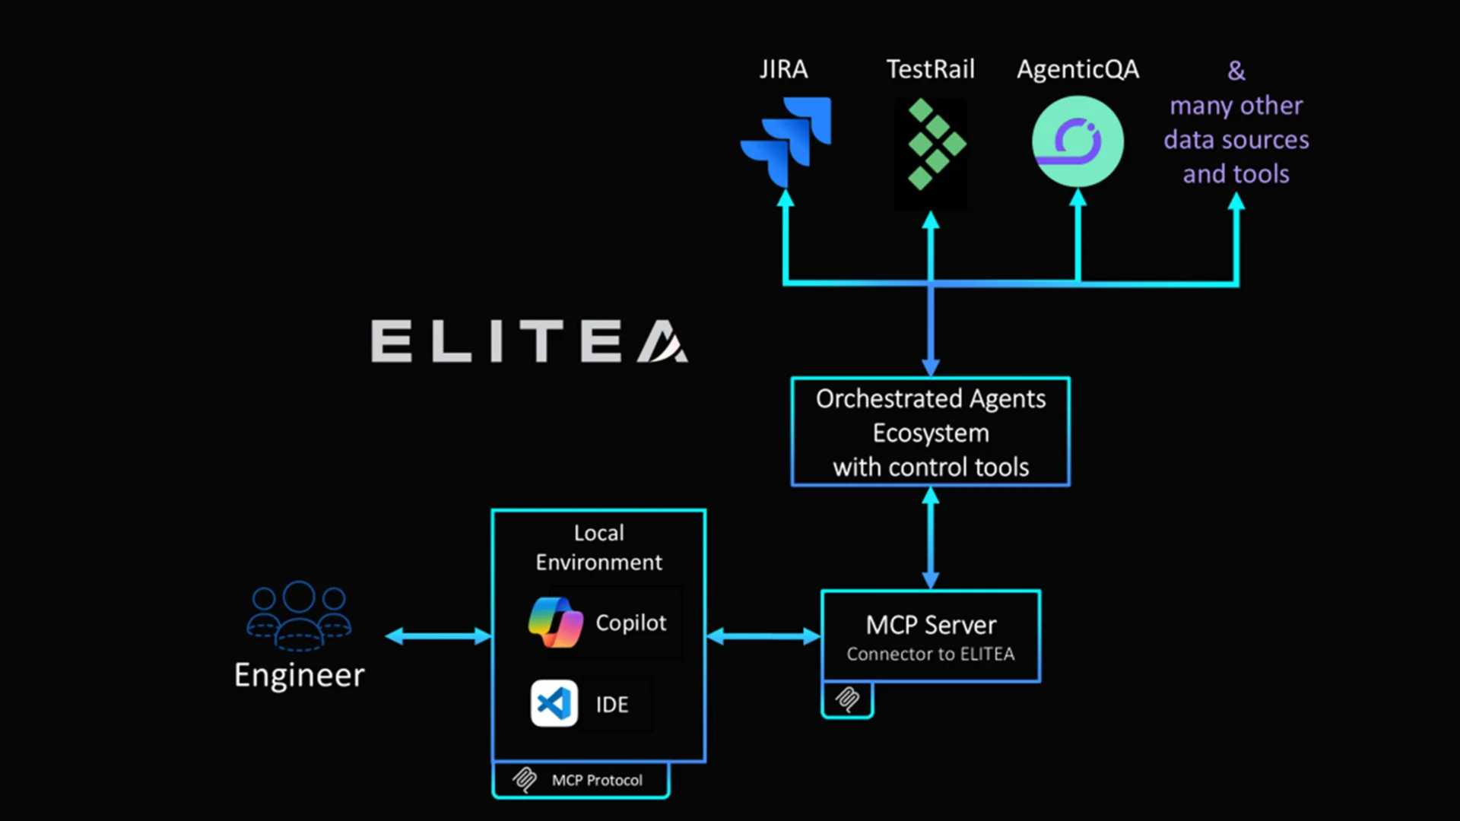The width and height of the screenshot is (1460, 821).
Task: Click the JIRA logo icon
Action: point(786,141)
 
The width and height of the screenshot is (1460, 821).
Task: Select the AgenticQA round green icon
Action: point(1078,141)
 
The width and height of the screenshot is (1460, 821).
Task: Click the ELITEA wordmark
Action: point(529,341)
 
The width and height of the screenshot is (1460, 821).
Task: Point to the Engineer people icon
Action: point(299,615)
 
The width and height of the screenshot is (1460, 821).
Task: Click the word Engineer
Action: point(299,675)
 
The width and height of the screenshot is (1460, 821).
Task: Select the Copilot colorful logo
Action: point(556,623)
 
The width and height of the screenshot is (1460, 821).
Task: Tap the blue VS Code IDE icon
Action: point(554,703)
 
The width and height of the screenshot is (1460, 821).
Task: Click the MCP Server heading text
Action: point(931,625)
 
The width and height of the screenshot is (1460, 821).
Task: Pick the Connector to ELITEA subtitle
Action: point(931,655)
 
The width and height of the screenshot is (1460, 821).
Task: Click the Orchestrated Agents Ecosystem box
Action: point(931,432)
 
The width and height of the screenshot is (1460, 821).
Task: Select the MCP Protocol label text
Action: point(597,781)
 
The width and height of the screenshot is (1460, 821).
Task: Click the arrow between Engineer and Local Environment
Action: point(438,636)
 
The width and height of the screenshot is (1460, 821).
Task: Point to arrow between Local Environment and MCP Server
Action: point(763,636)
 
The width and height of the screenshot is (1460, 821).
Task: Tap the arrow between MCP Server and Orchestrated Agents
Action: point(931,538)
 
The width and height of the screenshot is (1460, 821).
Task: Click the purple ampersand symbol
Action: point(1236,71)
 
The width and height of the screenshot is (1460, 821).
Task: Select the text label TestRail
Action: point(930,69)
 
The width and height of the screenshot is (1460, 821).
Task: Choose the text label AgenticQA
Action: point(1078,69)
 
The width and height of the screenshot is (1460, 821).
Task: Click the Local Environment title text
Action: point(598,547)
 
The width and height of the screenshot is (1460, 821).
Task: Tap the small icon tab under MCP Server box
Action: point(847,699)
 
